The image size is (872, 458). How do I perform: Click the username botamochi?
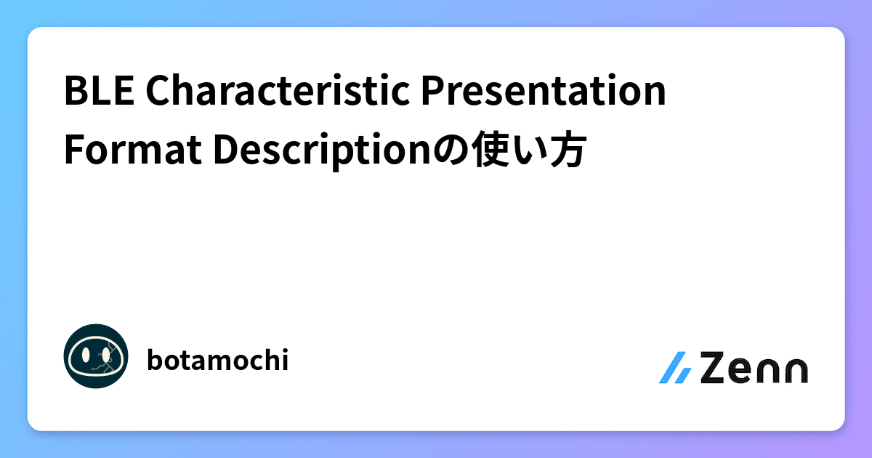coord(217,360)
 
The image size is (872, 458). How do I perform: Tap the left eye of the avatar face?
coord(86,355)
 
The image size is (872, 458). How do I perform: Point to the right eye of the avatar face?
coord(106,355)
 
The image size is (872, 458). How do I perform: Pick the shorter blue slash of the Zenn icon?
coord(685,375)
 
